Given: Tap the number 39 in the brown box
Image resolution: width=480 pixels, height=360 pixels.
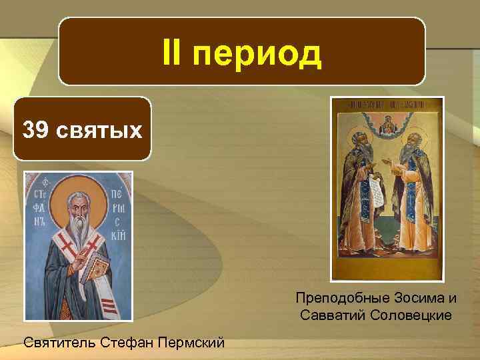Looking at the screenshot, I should (x=35, y=130).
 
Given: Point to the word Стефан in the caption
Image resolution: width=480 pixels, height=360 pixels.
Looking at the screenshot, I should (x=131, y=343).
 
